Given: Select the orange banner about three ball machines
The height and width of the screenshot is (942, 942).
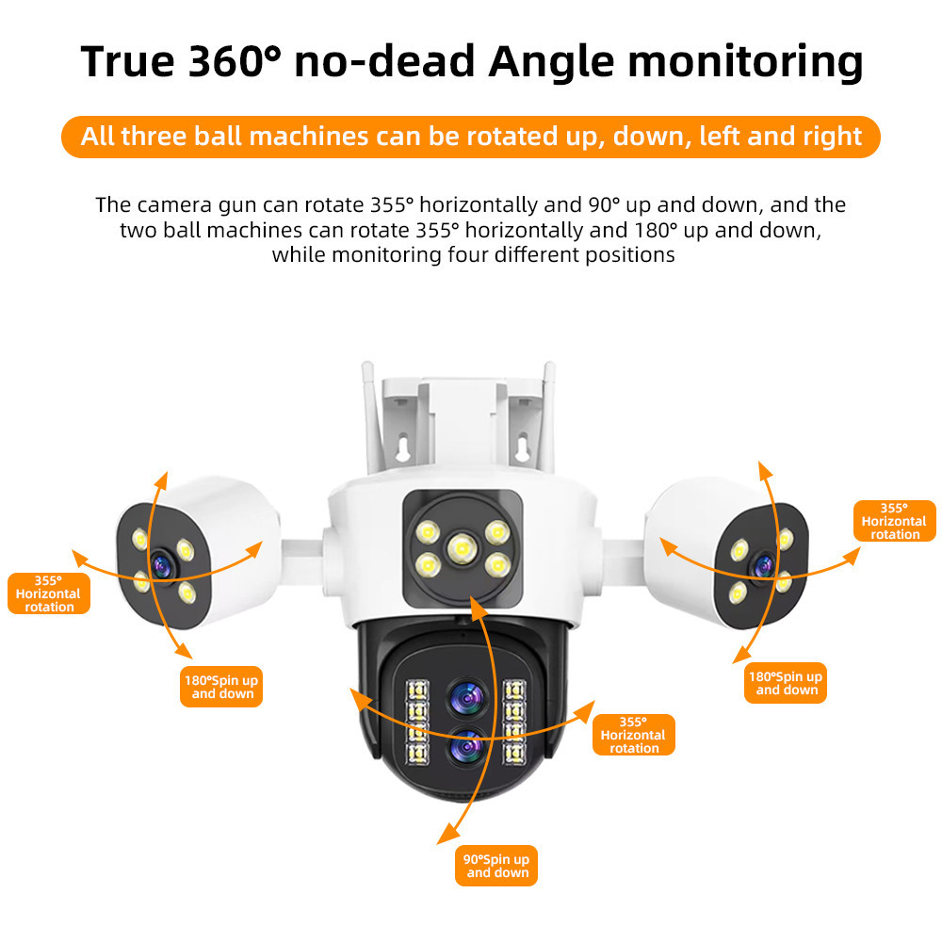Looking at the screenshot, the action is click(x=471, y=137).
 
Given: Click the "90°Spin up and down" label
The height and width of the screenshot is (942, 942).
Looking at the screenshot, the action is click(x=496, y=866).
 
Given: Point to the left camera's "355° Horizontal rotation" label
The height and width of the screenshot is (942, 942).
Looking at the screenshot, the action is click(x=48, y=593).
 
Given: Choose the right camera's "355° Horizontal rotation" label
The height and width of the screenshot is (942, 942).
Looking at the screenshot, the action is click(x=894, y=521).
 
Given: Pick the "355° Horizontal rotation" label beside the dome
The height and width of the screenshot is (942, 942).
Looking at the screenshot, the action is click(x=634, y=735).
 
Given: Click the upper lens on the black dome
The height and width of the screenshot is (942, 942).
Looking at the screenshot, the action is click(x=465, y=698).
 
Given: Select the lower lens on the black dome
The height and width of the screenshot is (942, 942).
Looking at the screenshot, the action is click(x=465, y=748).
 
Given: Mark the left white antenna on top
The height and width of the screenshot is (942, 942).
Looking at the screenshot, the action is click(x=369, y=414).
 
